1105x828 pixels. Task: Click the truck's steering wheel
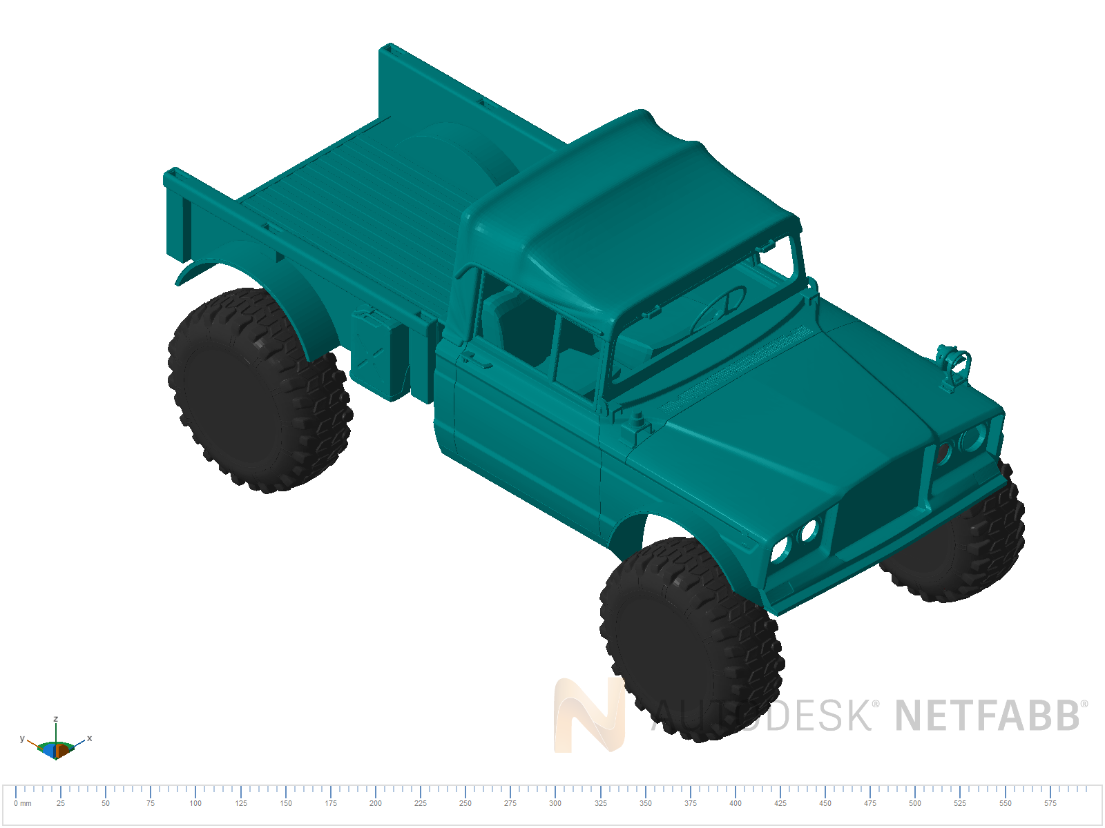(718, 308)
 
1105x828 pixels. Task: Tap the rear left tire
(259, 390)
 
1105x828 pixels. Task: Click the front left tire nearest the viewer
(691, 638)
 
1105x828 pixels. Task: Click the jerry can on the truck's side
(377, 353)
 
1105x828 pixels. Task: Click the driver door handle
(477, 359)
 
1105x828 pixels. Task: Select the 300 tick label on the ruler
(555, 803)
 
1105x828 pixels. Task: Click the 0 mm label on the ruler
(23, 803)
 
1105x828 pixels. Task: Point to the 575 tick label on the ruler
(1050, 803)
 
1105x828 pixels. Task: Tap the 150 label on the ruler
(286, 803)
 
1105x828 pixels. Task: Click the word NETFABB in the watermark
(988, 716)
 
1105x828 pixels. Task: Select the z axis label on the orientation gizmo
(56, 719)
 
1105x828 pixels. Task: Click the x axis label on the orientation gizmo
(90, 738)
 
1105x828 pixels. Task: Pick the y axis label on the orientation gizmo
(22, 738)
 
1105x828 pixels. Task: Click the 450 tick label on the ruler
(825, 803)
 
